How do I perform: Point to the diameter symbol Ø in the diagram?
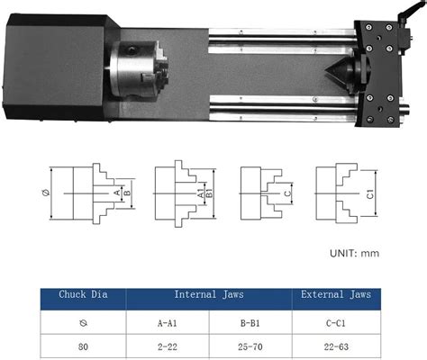coord(45,192)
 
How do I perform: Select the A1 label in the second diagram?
coord(199,192)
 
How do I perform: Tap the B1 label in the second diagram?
coord(211,192)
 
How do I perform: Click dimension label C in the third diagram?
coord(286,193)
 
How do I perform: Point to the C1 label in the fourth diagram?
coord(370,192)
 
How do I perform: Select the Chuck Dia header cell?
coord(83,293)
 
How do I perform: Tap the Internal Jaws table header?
coord(209,293)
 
